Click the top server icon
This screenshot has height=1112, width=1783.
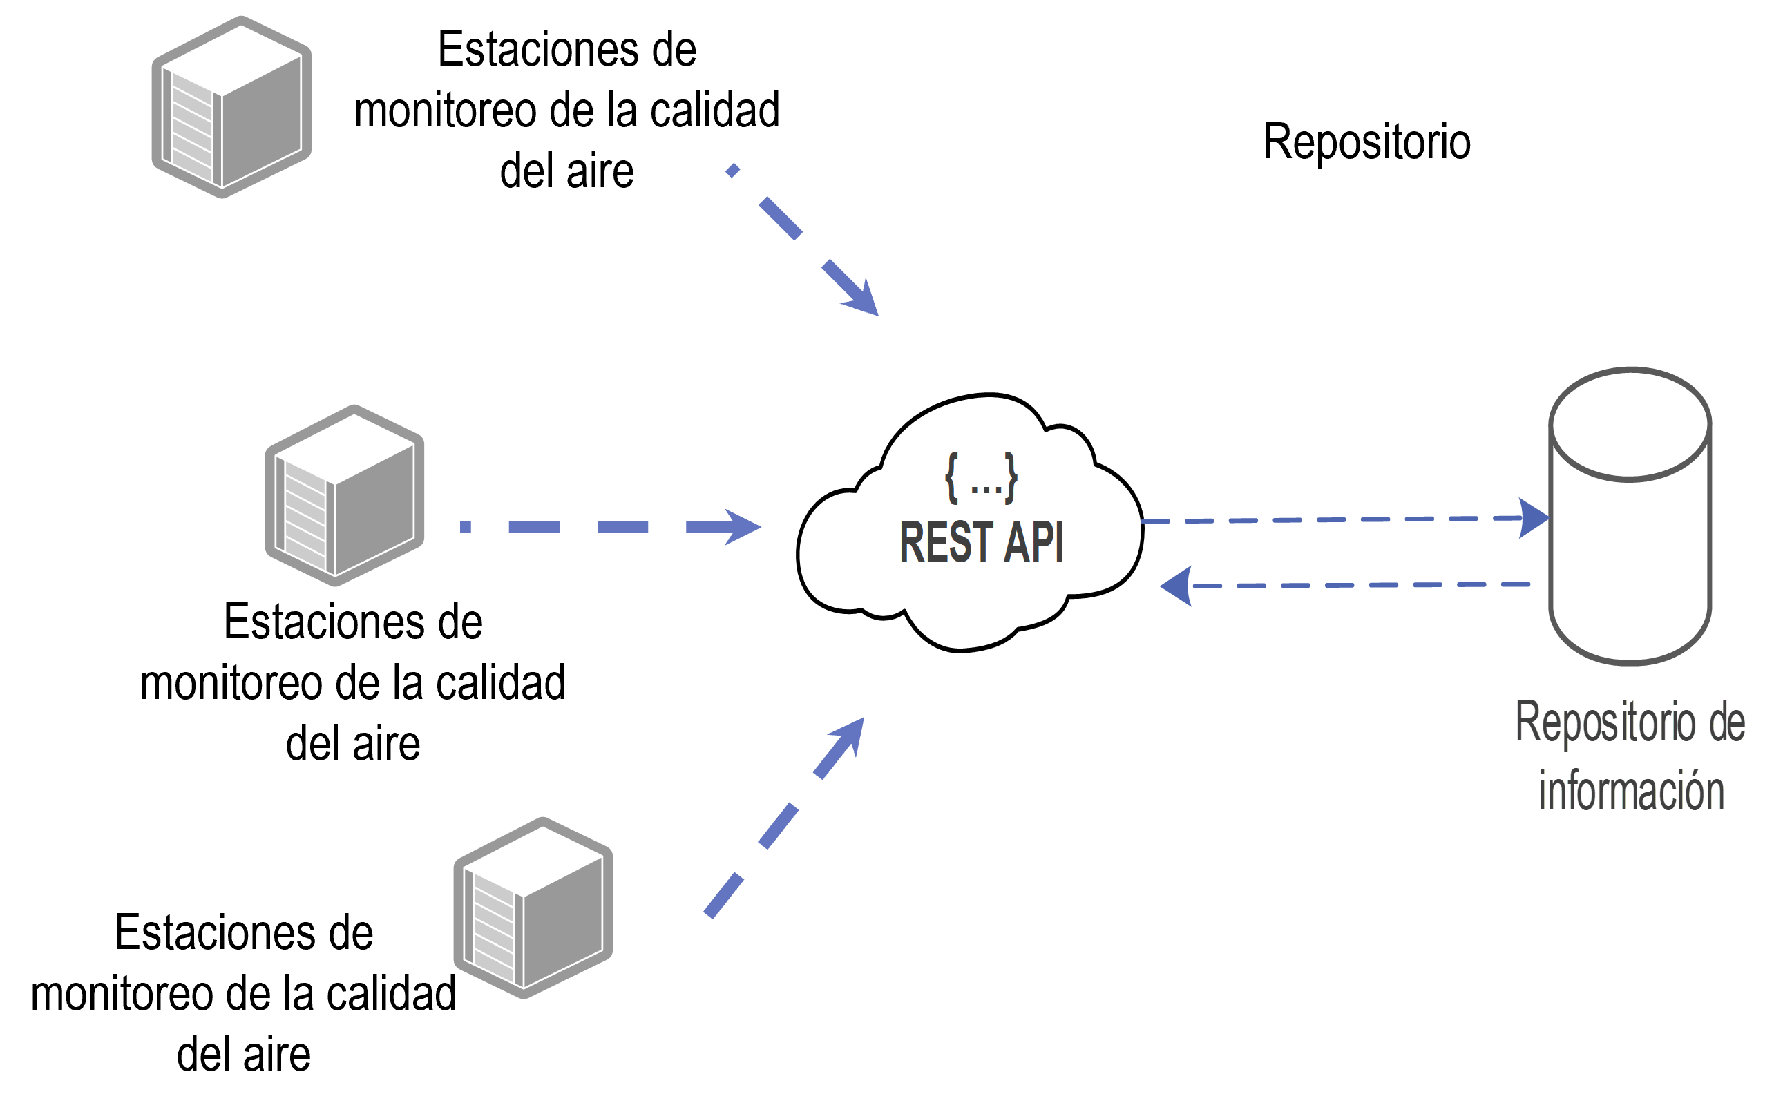click(231, 107)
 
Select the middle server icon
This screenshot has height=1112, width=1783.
click(344, 496)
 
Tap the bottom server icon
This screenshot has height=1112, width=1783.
click(533, 908)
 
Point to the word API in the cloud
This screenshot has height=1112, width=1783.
click(1033, 542)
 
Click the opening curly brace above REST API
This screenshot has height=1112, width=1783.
click(952, 478)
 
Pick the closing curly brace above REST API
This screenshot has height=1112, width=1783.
click(1011, 478)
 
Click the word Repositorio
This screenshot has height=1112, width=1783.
click(1603, 722)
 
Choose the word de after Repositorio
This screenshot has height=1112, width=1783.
click(1726, 722)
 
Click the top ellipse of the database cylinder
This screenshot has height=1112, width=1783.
click(1630, 424)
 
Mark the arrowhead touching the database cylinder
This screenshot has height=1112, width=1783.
click(1534, 518)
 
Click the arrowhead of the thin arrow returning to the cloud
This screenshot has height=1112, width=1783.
click(1177, 586)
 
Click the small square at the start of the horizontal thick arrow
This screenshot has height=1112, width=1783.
click(465, 526)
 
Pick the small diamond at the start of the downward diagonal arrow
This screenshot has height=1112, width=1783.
click(732, 171)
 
